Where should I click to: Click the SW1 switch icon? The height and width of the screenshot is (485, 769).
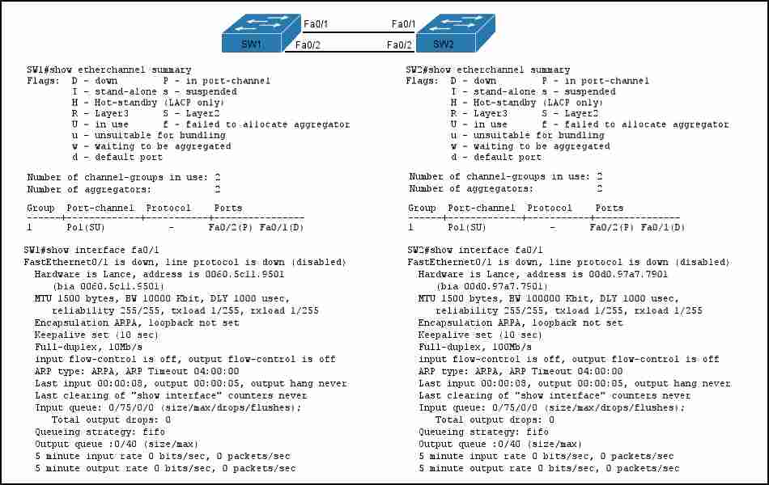pos(261,33)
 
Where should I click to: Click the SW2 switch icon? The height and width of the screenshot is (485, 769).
pos(456,33)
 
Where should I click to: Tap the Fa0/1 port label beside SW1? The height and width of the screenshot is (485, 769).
pos(316,24)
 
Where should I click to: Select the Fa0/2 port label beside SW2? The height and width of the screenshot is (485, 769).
pos(399,45)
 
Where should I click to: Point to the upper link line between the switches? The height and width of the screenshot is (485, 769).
pos(359,32)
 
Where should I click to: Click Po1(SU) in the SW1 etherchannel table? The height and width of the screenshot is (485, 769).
pos(85,227)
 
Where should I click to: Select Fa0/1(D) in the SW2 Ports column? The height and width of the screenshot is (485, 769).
pos(663,227)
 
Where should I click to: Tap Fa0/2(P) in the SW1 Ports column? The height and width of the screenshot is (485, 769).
pos(231,227)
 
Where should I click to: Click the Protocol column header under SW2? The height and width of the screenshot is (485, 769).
pos(550,208)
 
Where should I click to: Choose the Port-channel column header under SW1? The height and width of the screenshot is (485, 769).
pos(100,208)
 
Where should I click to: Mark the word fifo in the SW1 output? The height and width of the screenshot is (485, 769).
pos(154,432)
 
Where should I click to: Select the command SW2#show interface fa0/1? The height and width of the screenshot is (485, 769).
pos(474,250)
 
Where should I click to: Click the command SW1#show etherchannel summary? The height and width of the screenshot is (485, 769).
pos(109,70)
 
